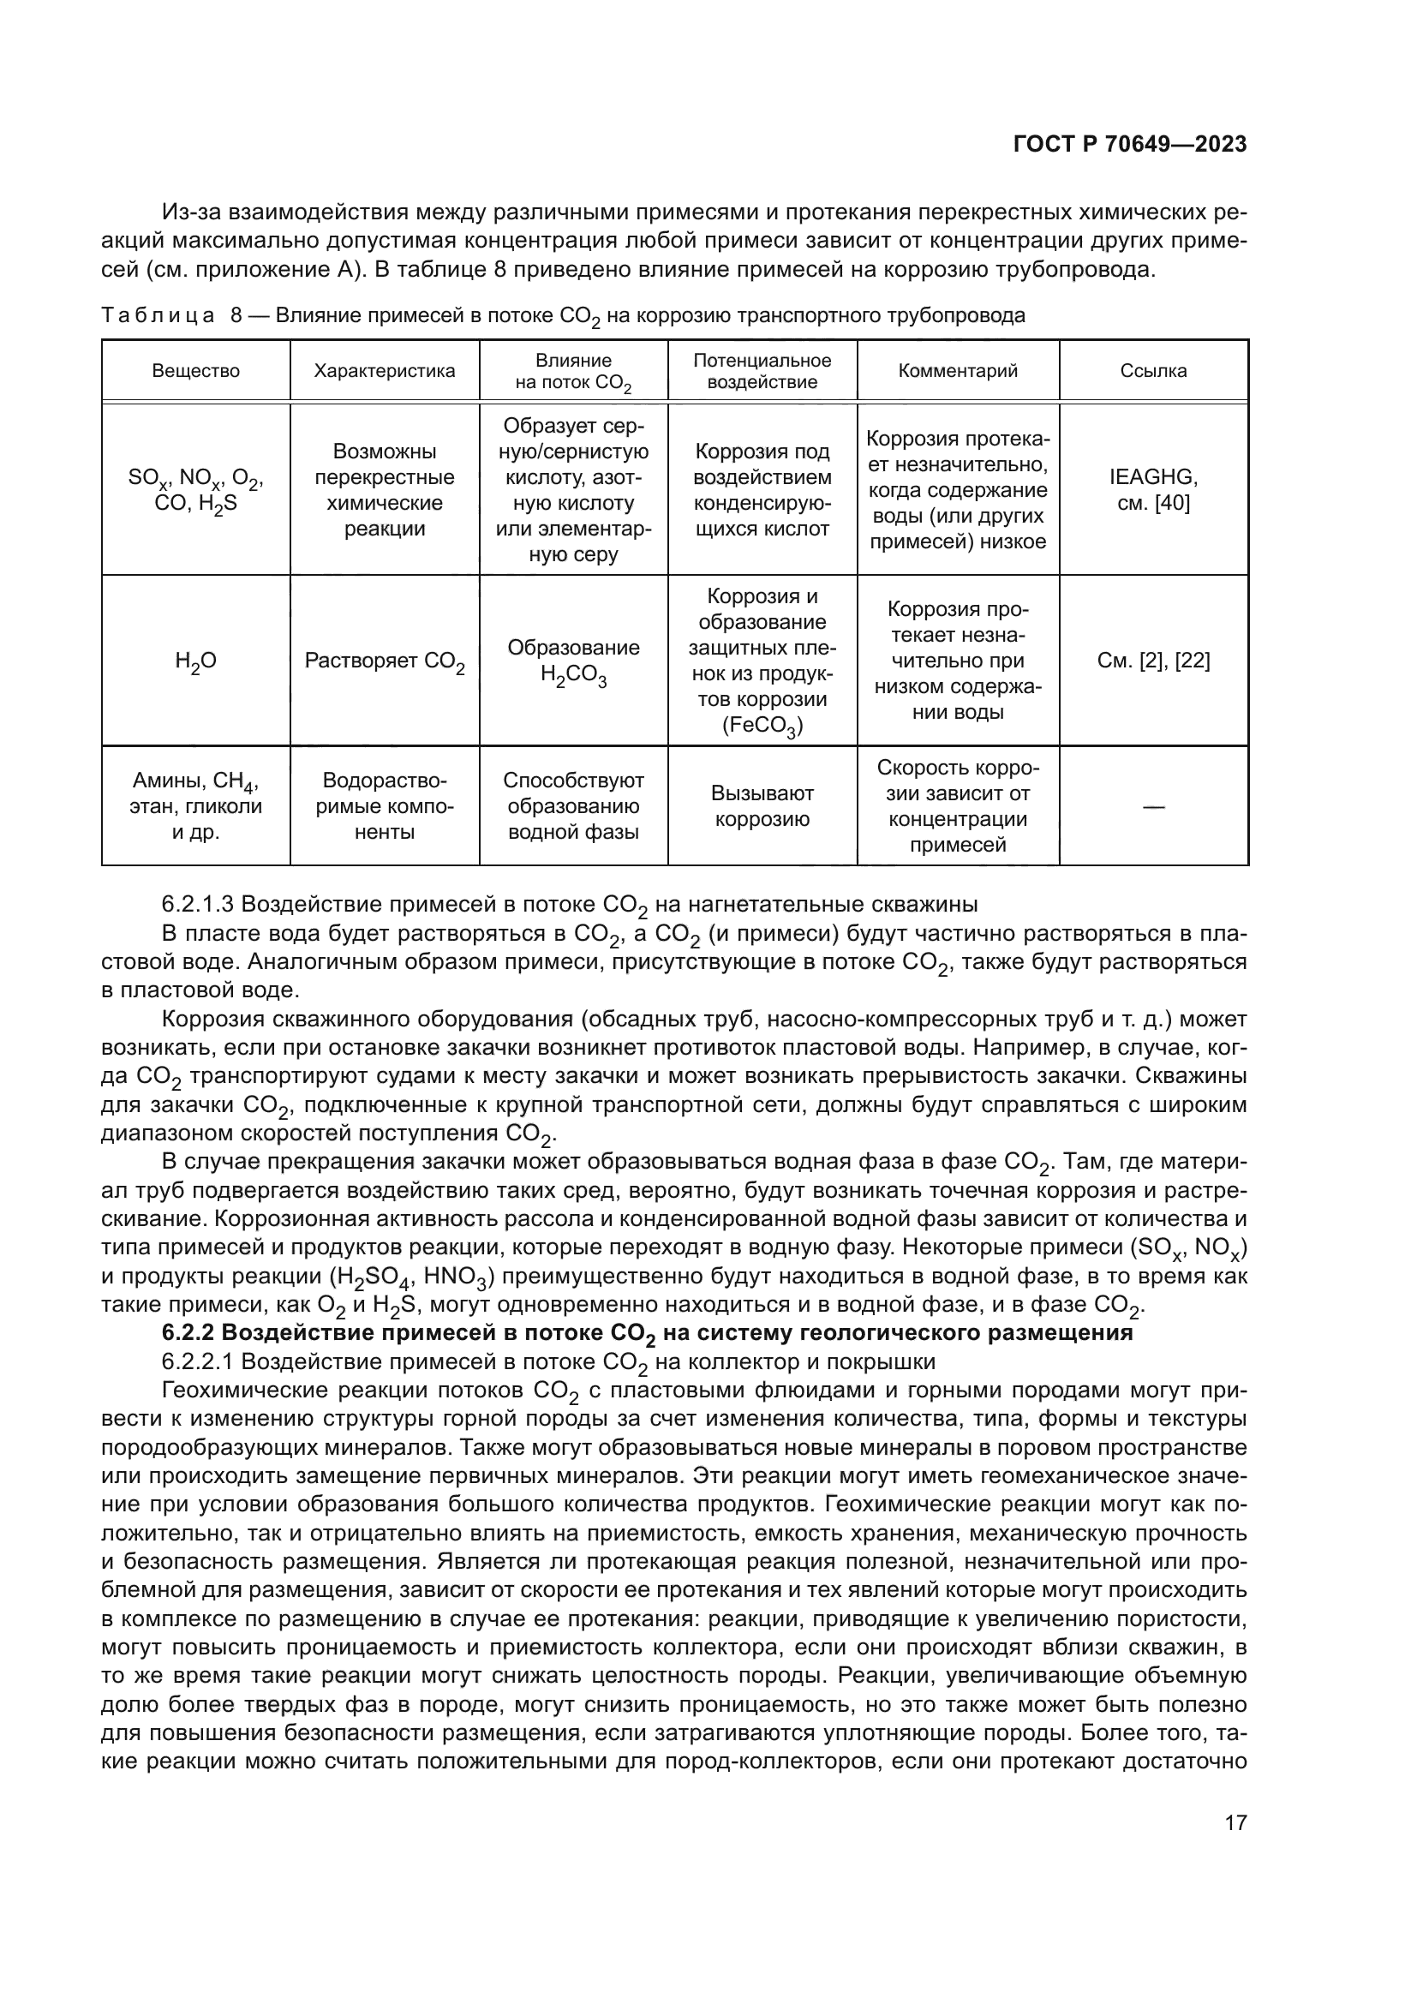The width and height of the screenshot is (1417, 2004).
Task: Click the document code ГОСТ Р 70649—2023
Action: click(x=1129, y=145)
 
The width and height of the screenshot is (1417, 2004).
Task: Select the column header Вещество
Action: click(x=195, y=371)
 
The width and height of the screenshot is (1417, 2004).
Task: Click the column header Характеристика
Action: click(x=385, y=371)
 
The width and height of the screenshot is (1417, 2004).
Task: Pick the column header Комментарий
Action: click(x=957, y=371)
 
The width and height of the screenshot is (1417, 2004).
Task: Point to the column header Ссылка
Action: click(x=1152, y=371)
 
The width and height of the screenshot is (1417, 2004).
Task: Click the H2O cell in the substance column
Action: click(x=195, y=661)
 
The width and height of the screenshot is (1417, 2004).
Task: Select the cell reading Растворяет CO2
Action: click(x=385, y=661)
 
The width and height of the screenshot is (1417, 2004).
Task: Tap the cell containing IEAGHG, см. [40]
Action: click(x=1152, y=490)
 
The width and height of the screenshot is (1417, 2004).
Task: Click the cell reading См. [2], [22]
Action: click(x=1152, y=661)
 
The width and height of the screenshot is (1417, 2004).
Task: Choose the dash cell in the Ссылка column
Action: click(x=1152, y=807)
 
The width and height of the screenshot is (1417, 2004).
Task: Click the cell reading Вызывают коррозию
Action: click(x=762, y=806)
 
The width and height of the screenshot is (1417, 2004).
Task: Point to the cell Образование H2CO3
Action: click(x=573, y=661)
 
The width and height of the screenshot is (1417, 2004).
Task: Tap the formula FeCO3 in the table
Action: click(x=762, y=727)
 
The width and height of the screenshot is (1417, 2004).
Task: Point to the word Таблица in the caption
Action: click(x=157, y=315)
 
